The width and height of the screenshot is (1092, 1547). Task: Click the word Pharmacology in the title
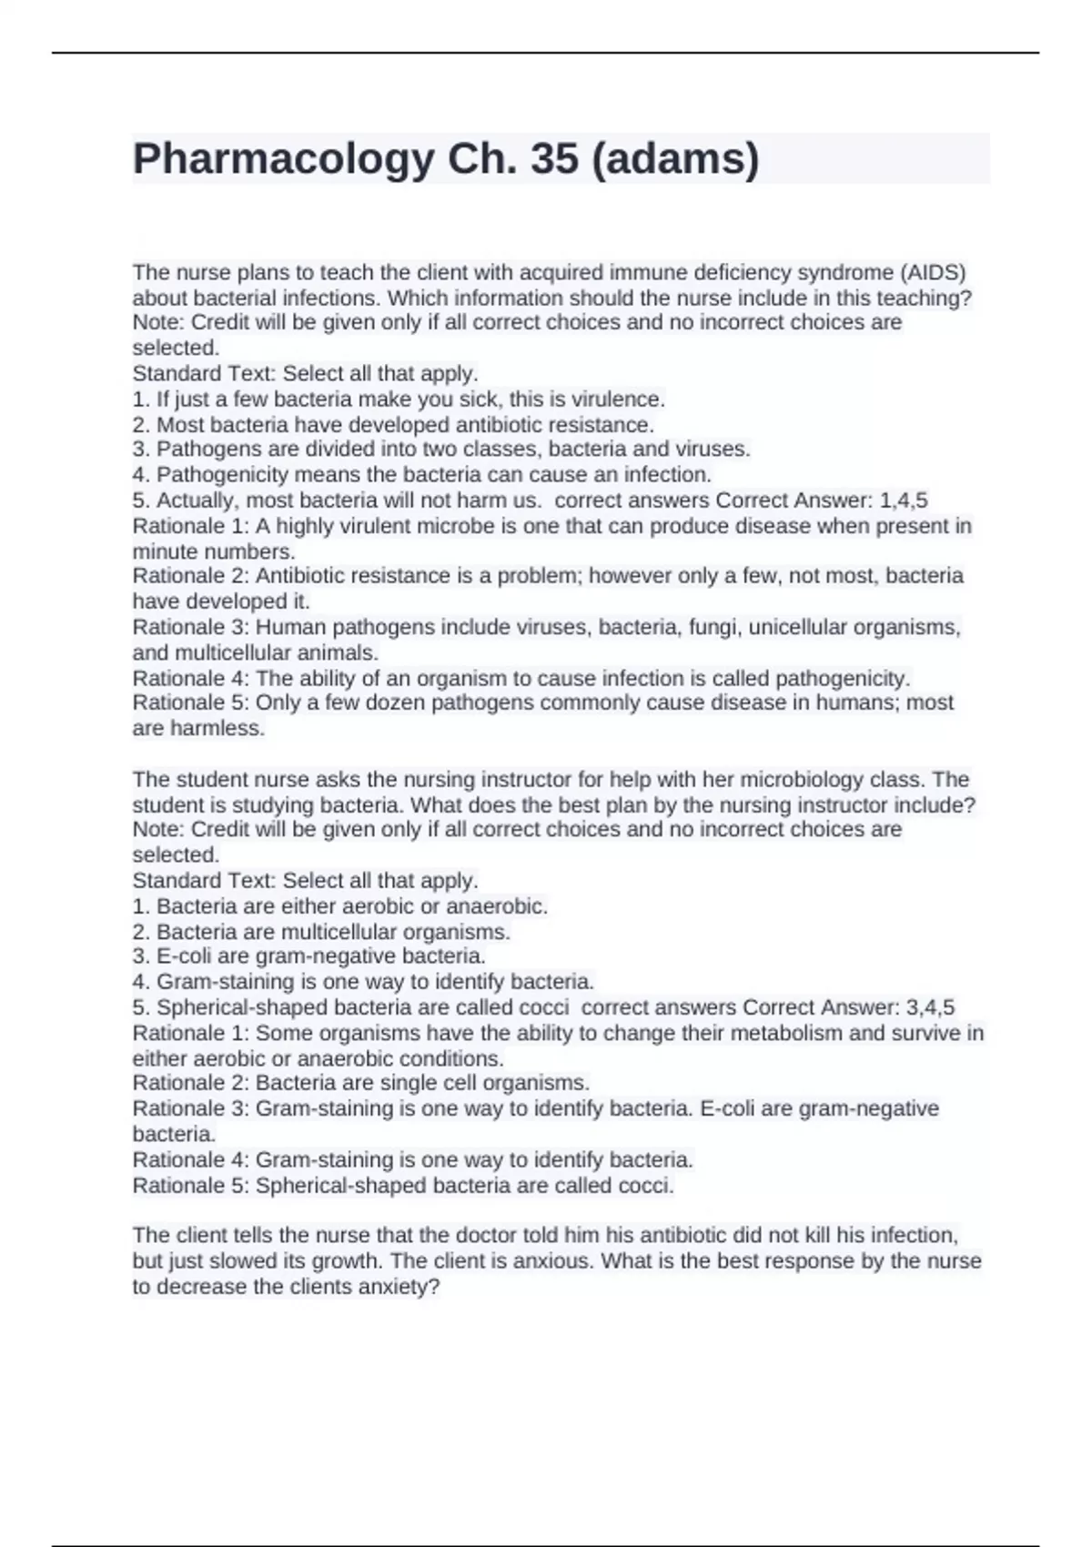click(x=283, y=159)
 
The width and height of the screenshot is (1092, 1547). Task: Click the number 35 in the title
click(x=554, y=159)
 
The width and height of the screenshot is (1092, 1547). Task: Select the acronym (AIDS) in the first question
click(x=933, y=273)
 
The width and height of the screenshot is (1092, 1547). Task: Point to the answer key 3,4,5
click(x=931, y=1007)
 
